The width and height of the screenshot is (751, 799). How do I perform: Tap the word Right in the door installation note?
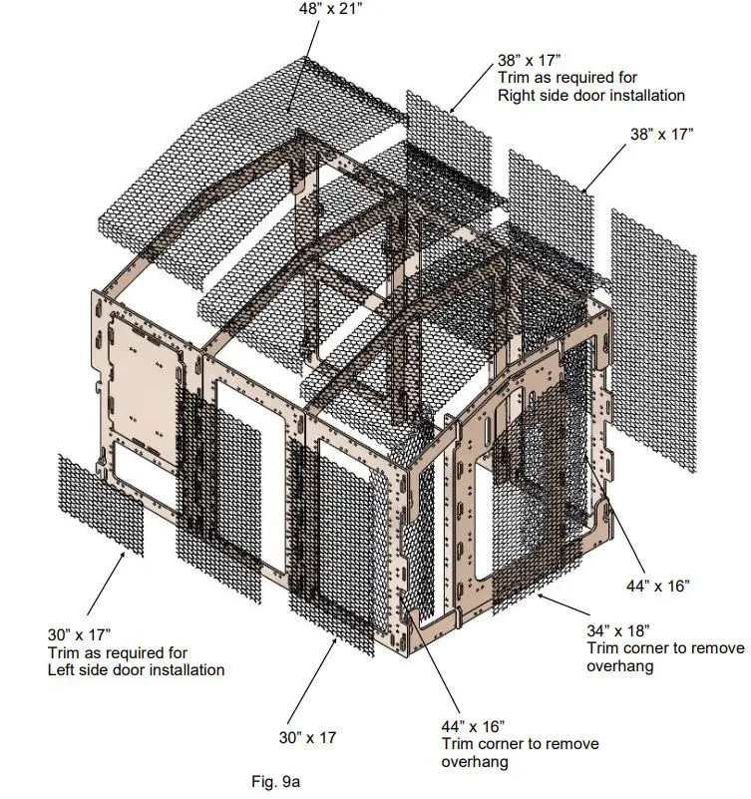coord(519,96)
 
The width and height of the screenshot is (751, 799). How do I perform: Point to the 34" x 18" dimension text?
coord(617,629)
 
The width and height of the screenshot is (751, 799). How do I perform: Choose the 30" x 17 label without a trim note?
coord(307,738)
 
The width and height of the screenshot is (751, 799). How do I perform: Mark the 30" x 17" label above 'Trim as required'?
coord(80,633)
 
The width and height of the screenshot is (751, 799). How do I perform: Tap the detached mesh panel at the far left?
coord(100,504)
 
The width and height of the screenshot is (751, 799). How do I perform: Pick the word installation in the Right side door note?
coord(642,96)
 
